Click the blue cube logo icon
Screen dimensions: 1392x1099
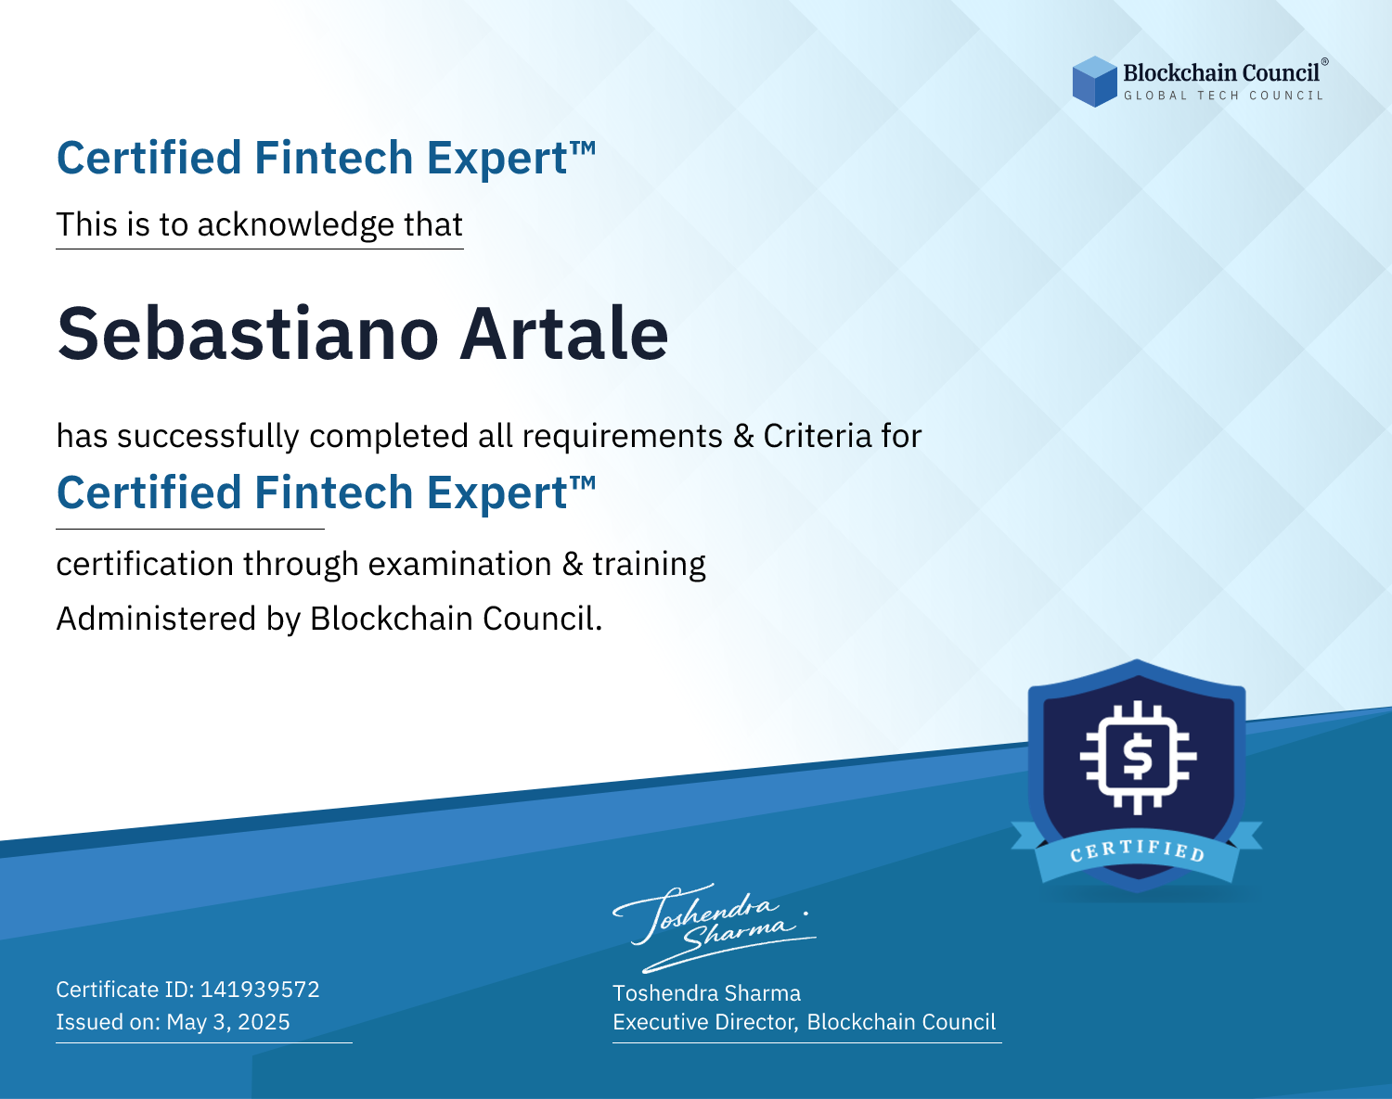[x=1094, y=82]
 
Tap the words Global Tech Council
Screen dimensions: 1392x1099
[x=1223, y=96]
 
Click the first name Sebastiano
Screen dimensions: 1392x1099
[x=248, y=334]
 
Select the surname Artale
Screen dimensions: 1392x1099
[x=563, y=334]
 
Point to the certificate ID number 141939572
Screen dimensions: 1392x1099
[x=260, y=989]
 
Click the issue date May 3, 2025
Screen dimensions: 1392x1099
[x=228, y=1021]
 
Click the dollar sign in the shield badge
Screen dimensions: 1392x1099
[x=1138, y=757]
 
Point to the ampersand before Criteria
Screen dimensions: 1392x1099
[x=743, y=437]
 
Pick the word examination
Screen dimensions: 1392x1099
[x=460, y=564]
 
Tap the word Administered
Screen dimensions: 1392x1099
[x=156, y=619]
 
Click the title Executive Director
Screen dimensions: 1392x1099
[x=705, y=1022]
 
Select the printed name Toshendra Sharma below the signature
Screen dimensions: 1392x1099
[x=706, y=993]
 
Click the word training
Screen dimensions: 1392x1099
[x=649, y=565]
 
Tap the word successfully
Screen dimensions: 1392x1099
[x=208, y=437]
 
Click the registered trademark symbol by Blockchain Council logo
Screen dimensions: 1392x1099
[x=1325, y=62]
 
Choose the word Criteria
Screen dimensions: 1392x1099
[x=817, y=437]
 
